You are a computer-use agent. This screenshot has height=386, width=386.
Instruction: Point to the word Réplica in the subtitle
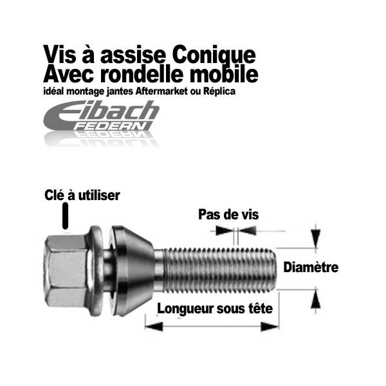pyautogui.click(x=219, y=92)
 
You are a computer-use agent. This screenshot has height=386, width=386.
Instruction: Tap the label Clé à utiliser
pyautogui.click(x=82, y=195)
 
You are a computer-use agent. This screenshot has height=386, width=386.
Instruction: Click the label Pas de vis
pyautogui.click(x=228, y=214)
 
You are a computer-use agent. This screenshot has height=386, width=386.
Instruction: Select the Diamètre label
pyautogui.click(x=311, y=267)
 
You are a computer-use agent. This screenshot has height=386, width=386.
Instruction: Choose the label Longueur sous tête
pyautogui.click(x=215, y=309)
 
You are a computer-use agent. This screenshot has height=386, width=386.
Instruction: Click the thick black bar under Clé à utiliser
pyautogui.click(x=64, y=216)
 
